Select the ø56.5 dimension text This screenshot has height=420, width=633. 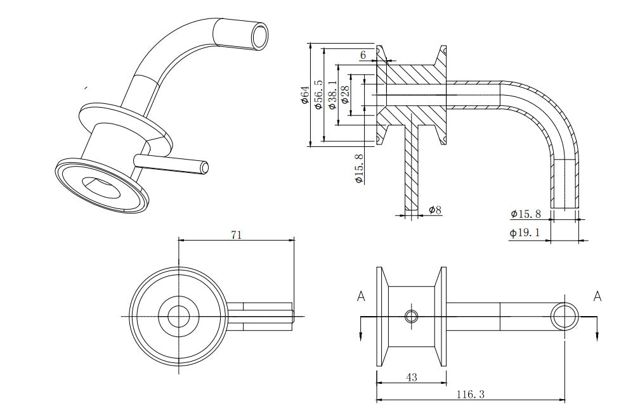318,94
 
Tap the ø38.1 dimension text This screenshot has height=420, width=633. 332,95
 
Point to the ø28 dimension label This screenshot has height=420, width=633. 345,96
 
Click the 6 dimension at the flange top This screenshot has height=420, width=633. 363,55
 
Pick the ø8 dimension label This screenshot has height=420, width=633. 434,209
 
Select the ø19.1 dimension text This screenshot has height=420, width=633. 525,232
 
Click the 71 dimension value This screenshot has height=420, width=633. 236,234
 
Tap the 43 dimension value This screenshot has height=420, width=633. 411,378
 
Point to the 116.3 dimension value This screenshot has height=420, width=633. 470,395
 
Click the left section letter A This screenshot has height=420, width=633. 361,296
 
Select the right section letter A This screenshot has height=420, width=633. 597,295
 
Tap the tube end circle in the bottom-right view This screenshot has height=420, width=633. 564,315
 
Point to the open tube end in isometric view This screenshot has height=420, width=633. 259,35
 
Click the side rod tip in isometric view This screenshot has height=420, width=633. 204,168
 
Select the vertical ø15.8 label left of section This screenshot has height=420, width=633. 359,169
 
